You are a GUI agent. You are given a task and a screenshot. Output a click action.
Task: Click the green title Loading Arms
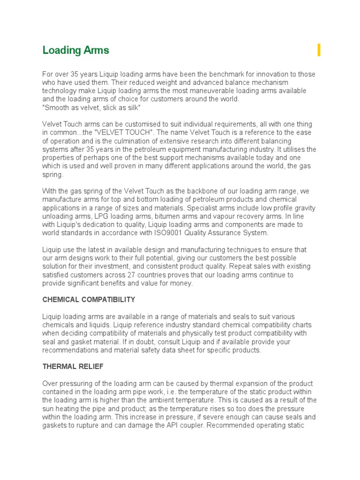(75, 50)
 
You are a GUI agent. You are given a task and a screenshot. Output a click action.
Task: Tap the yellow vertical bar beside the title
(319, 50)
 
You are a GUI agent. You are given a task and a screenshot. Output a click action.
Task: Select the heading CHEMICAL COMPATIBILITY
(89, 300)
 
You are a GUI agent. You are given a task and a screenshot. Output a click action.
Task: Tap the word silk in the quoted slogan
(134, 107)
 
